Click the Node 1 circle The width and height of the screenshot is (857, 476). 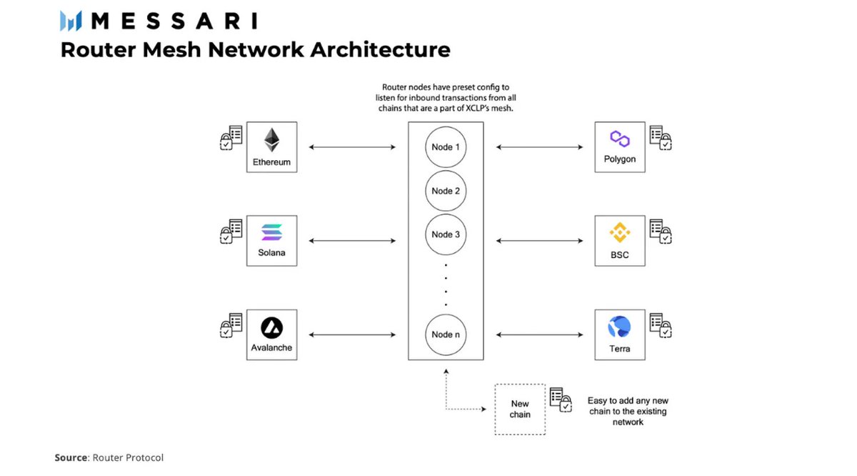446,147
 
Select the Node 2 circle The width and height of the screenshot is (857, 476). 446,191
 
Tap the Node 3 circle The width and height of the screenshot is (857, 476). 446,234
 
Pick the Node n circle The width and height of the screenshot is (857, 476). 446,334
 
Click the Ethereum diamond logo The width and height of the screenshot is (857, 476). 271,140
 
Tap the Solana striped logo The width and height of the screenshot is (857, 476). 271,232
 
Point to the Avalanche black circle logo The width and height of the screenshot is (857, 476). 271,328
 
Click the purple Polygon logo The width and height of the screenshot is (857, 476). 620,139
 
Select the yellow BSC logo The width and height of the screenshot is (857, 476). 620,232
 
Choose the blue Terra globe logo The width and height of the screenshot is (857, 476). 619,327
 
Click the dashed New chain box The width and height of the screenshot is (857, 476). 520,410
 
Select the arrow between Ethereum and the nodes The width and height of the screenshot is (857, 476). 352,147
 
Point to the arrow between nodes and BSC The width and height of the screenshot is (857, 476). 539,241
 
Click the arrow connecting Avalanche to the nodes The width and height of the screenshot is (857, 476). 352,334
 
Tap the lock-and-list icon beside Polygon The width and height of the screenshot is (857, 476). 661,137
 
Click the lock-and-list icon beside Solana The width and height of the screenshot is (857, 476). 231,232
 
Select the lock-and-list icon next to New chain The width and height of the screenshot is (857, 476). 561,400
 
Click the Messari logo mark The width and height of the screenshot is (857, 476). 71,21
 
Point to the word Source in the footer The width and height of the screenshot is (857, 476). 71,457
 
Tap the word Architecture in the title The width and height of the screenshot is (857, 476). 380,50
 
